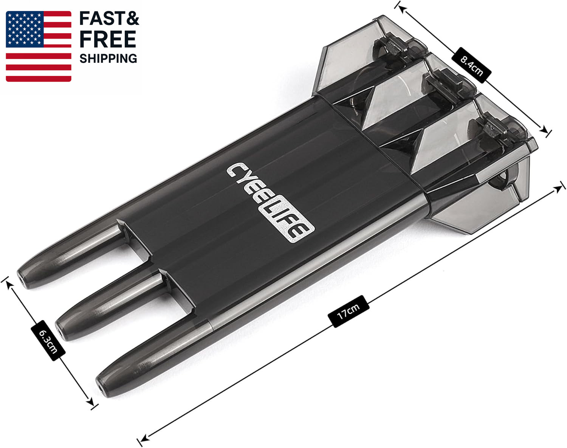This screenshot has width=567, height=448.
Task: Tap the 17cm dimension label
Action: click(348, 312)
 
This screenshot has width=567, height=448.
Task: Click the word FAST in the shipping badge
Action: click(98, 19)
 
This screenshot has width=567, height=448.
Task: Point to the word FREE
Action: click(108, 39)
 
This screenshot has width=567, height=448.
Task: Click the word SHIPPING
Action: click(108, 59)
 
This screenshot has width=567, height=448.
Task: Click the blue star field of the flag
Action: click(25, 29)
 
